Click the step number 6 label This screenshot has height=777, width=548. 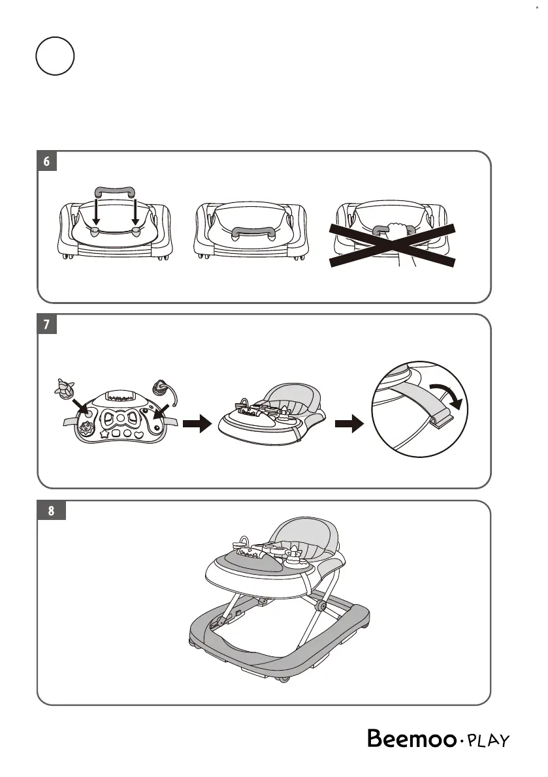pos(47,161)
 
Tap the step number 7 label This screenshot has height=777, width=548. pos(47,324)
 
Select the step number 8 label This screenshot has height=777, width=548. pos(51,511)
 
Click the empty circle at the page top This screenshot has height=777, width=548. pos(55,55)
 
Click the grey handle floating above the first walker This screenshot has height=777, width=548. pos(115,191)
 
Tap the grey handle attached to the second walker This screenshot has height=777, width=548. pos(253,231)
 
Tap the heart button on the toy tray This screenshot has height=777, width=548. pos(138,433)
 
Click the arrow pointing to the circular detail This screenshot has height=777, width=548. pos(346,425)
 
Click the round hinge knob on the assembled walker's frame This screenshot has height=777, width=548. pos(320,606)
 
